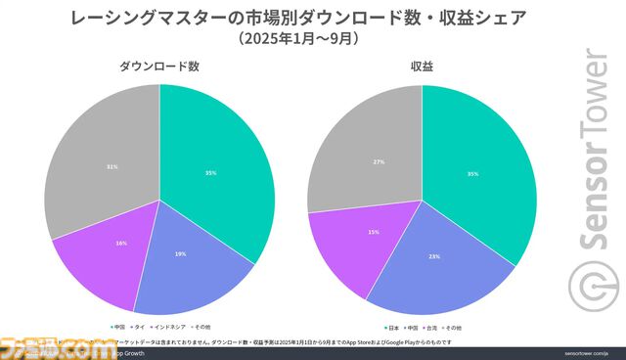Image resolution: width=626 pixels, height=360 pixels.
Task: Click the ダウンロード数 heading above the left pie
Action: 159,67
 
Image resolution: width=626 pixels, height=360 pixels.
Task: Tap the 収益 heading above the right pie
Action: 424,67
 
